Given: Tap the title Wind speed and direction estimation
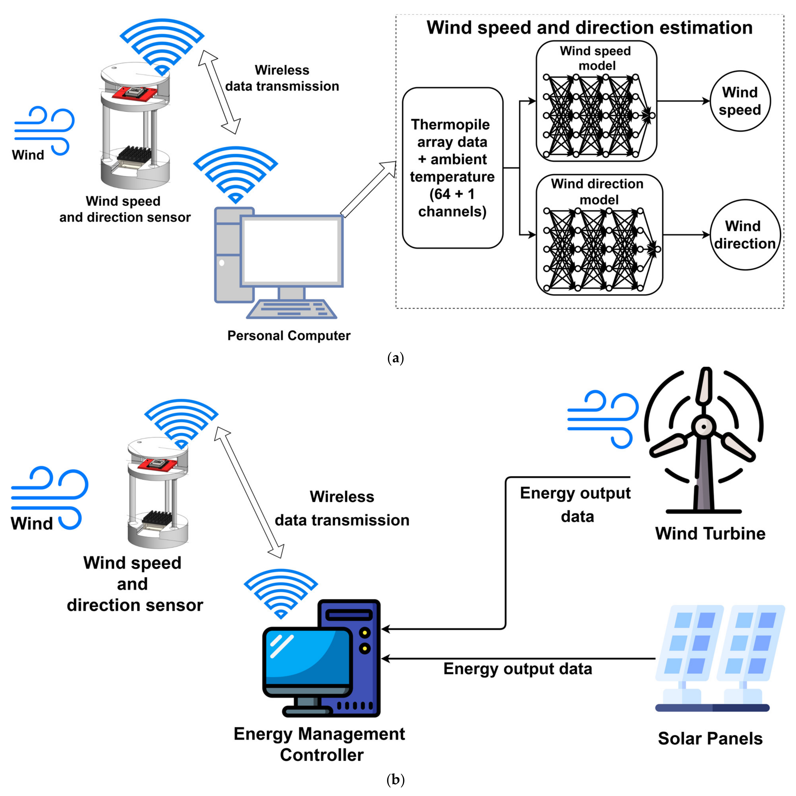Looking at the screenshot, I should tap(589, 28).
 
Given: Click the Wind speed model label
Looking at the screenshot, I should tap(596, 58).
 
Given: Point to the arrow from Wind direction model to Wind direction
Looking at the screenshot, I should tap(686, 235).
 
